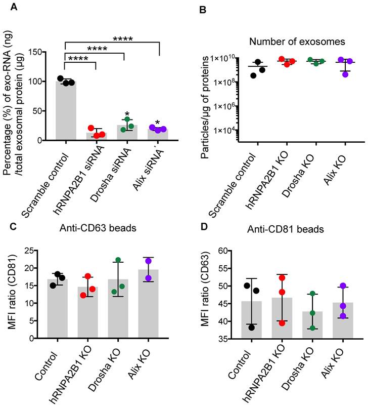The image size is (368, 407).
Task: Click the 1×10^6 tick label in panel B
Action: coord(231,106)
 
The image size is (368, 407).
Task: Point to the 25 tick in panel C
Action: coord(33,251)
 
